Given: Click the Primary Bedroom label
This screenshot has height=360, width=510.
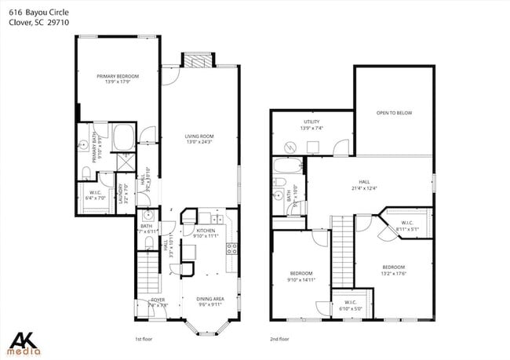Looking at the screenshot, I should point(118,76).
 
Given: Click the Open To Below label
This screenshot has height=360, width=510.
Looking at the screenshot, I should point(394,113).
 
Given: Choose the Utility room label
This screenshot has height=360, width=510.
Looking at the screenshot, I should point(311,122).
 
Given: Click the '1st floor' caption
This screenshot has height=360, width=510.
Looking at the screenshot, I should point(143,339).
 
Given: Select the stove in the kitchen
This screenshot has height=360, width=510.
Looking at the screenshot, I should point(232,249).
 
